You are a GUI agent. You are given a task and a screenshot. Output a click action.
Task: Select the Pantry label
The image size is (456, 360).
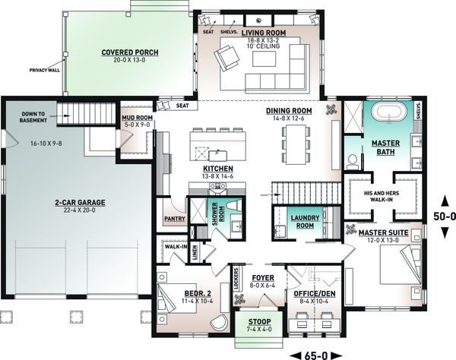click(175, 219)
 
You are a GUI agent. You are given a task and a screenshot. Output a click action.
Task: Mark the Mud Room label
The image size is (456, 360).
click(134, 119)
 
